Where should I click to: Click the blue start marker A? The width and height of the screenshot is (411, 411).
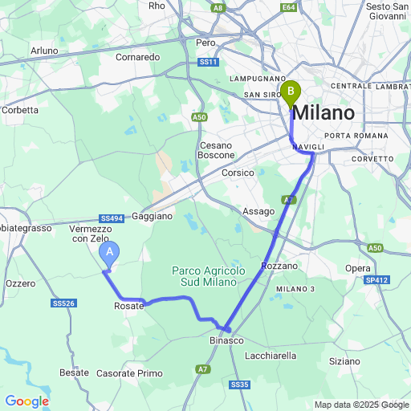(x=110, y=254)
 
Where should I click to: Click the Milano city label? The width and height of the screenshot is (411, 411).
(x=324, y=113)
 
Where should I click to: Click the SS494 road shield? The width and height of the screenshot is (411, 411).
(x=112, y=218)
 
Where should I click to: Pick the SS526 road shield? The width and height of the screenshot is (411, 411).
(x=63, y=303)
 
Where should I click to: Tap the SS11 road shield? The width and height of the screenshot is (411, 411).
(x=208, y=62)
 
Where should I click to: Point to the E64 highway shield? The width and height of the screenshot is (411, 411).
(x=289, y=7)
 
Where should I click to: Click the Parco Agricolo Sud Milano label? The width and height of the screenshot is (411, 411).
(x=208, y=276)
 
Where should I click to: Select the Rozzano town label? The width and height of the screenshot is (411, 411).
(x=279, y=265)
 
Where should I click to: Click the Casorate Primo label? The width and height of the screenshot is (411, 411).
(x=129, y=373)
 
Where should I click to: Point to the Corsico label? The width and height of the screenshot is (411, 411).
(x=238, y=173)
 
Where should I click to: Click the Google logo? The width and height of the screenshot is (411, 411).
(x=26, y=401)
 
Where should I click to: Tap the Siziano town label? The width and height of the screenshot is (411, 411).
(x=344, y=361)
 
